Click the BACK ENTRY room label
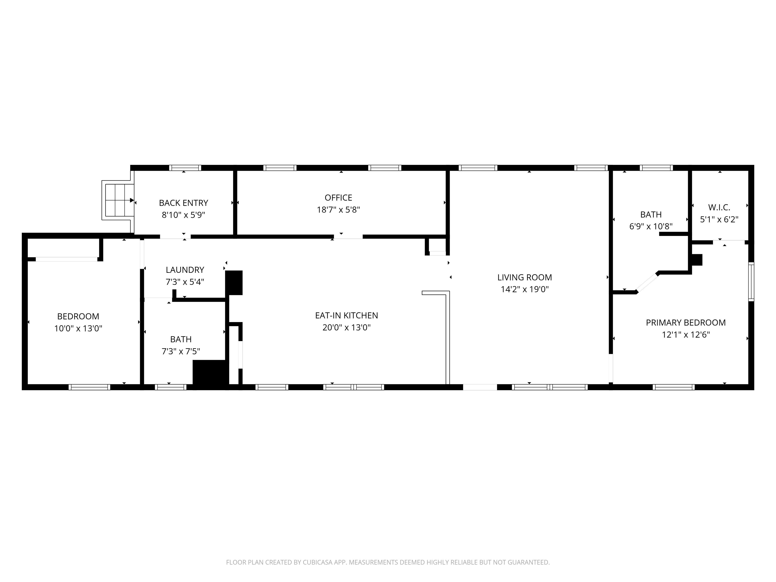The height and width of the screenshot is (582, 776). click(183, 203)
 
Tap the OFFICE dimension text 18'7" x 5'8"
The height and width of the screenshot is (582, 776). click(338, 210)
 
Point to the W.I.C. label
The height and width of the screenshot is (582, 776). click(719, 207)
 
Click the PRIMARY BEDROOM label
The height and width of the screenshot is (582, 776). click(686, 322)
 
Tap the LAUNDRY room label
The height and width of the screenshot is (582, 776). click(185, 270)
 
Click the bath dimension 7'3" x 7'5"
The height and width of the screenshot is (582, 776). click(181, 351)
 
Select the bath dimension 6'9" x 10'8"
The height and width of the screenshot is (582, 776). click(651, 226)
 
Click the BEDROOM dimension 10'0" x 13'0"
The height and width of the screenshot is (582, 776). click(78, 328)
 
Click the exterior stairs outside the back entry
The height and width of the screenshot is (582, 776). click(117, 200)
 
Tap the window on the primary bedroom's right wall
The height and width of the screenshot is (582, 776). click(751, 281)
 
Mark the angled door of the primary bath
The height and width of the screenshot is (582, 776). click(647, 283)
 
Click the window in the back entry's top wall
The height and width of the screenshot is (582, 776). click(185, 168)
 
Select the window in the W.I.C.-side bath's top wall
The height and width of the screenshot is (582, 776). click(656, 168)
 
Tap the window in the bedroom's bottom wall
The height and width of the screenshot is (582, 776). click(89, 387)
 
